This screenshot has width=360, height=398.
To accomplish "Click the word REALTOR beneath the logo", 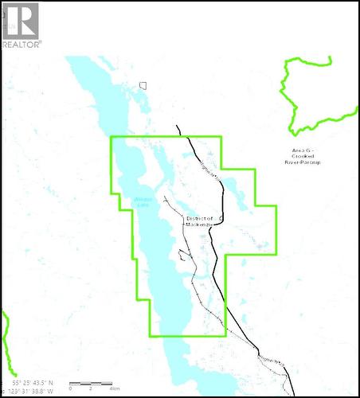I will (22, 45).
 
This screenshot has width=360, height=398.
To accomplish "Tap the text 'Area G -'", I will (303, 150).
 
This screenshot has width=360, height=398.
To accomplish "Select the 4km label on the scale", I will (115, 388).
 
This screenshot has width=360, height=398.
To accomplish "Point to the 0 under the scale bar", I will (70, 388).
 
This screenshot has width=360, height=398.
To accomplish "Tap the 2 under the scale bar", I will (90, 388).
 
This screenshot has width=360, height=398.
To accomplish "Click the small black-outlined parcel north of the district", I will (143, 85).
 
